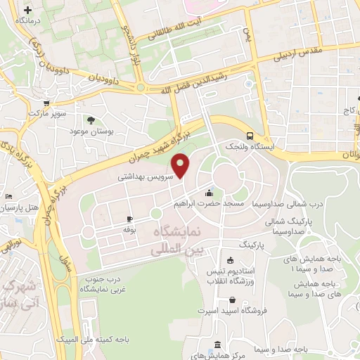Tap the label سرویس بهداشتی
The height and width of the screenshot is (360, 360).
click(x=146, y=179)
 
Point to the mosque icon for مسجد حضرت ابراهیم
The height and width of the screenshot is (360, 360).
click(x=208, y=192)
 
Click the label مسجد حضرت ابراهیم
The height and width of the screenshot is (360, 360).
click(x=208, y=203)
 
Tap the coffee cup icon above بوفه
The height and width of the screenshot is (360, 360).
click(x=129, y=219)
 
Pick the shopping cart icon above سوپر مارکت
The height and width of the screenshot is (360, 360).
click(x=46, y=101)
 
